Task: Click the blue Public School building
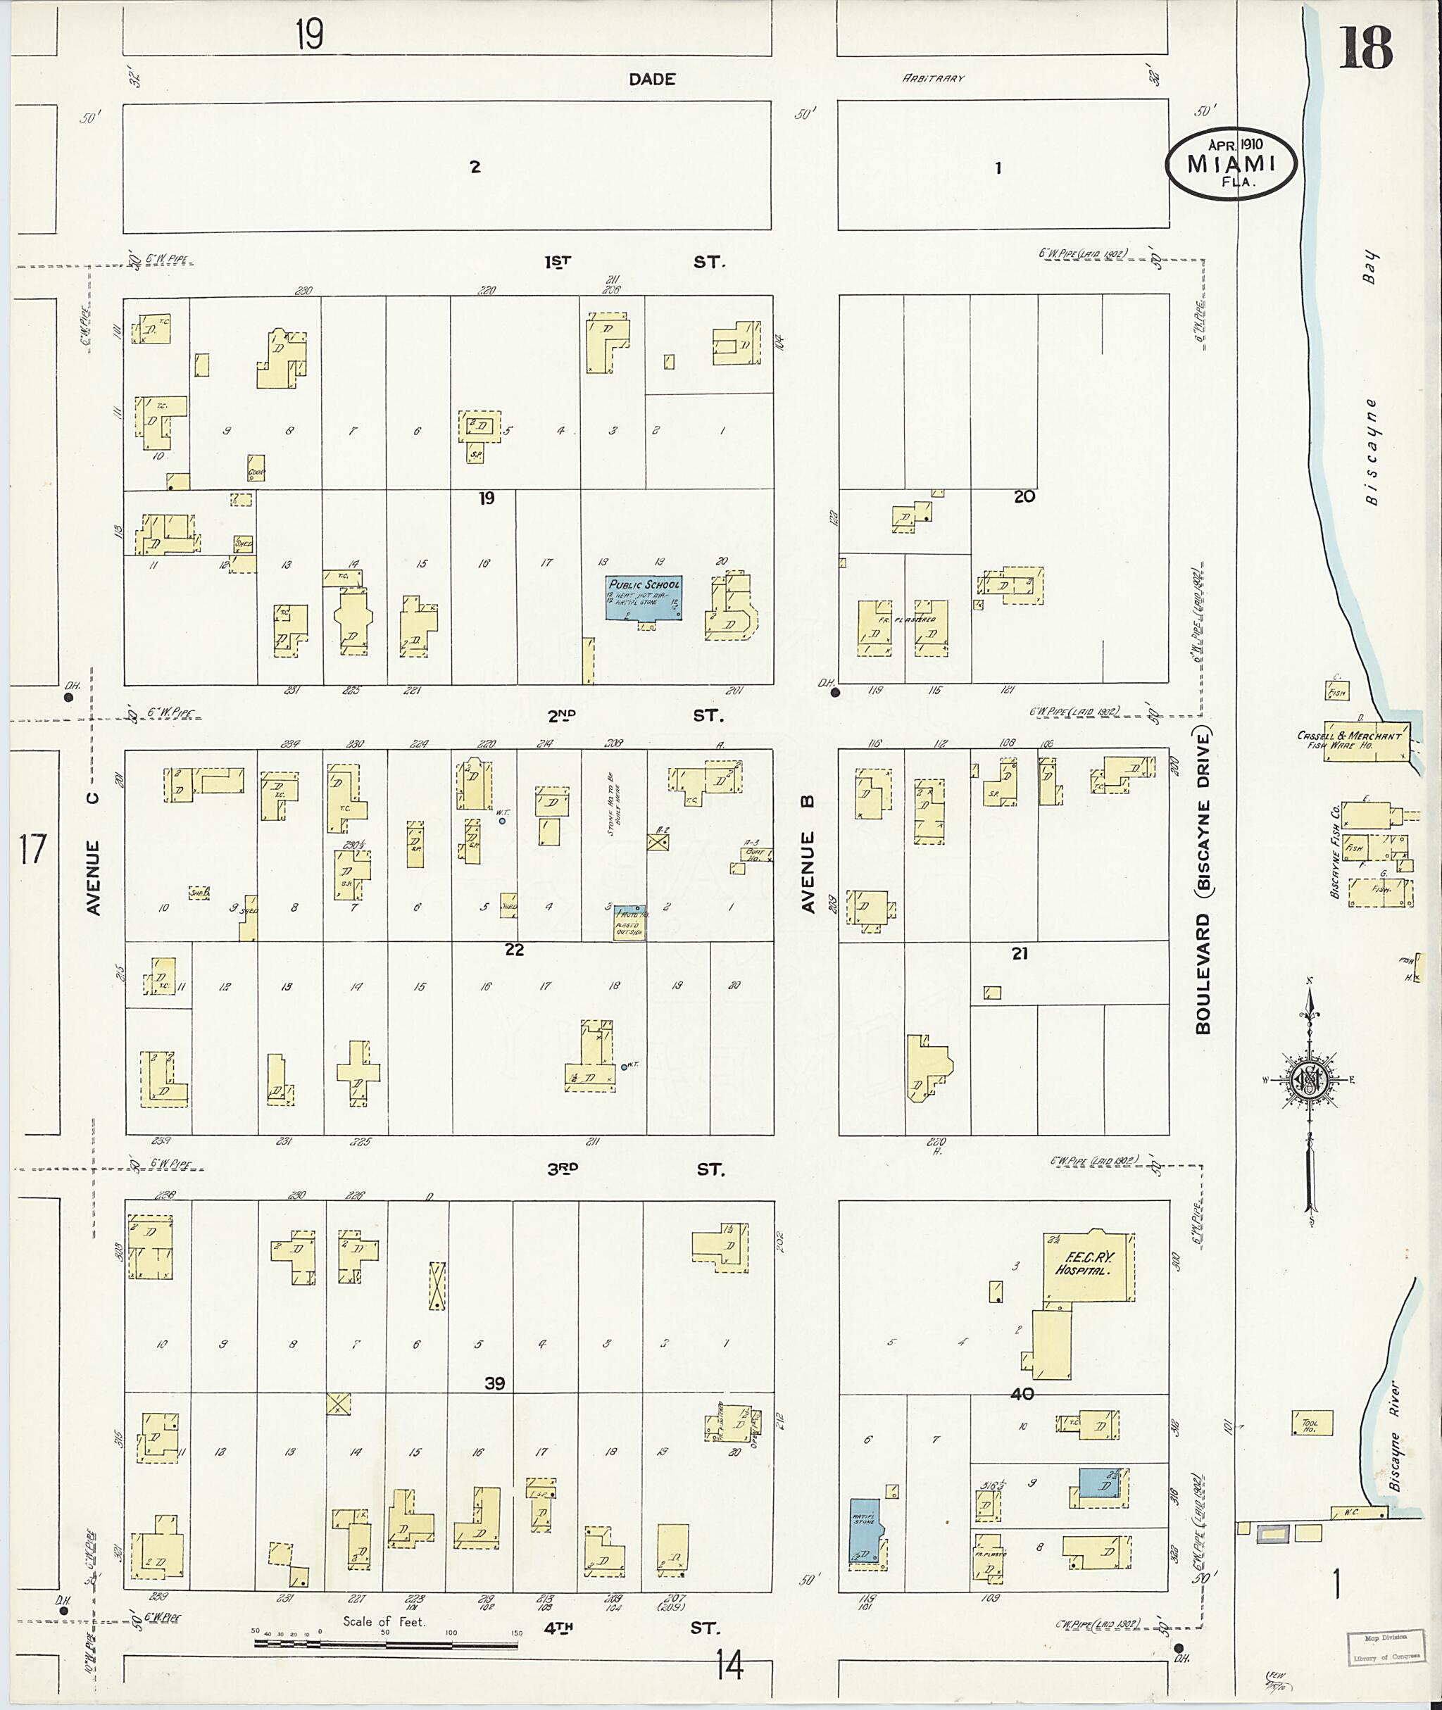coord(644,598)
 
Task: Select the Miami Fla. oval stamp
coord(1231,163)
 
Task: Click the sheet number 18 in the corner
coord(1365,49)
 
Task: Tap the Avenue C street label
coord(93,853)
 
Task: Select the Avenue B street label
coord(808,872)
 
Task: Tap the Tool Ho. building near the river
coord(1312,1423)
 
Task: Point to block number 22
coord(514,949)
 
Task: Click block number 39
coord(494,1383)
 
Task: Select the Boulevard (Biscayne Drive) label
coord(1203,883)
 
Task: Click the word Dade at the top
coord(651,80)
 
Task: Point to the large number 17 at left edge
coord(32,849)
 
